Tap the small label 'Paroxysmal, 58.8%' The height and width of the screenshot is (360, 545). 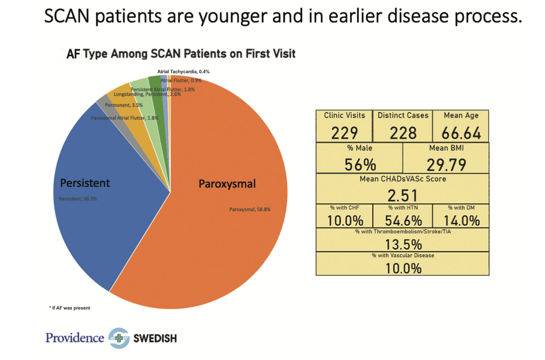(x=250, y=209)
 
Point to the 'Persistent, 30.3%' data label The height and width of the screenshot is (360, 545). (x=78, y=198)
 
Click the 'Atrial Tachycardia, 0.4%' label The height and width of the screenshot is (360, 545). (x=183, y=72)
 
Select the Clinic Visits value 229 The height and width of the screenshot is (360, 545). (x=344, y=134)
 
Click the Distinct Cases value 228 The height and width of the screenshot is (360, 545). (x=403, y=134)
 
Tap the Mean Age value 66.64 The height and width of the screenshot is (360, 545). (x=461, y=134)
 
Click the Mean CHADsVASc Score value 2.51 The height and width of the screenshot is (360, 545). (x=403, y=195)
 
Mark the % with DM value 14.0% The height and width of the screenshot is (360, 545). (x=461, y=221)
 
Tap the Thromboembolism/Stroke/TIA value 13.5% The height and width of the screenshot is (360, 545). (x=403, y=244)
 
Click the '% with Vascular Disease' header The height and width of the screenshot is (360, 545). (x=403, y=255)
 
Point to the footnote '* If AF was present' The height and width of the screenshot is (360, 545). (x=70, y=308)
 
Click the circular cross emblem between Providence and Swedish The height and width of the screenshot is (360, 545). (x=119, y=338)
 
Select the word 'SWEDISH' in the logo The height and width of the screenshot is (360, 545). (x=155, y=338)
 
